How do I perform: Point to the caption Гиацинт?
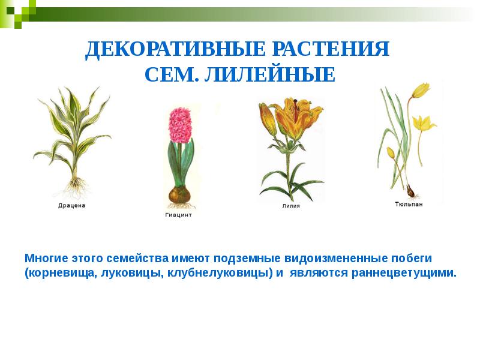tap(178, 215)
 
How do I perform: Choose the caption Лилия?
tap(290, 206)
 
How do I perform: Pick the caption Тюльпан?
tap(409, 204)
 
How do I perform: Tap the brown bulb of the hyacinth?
tap(178, 194)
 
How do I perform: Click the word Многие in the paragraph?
tap(46, 258)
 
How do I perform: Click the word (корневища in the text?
tap(52, 273)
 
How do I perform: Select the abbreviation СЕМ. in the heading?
tap(172, 76)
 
